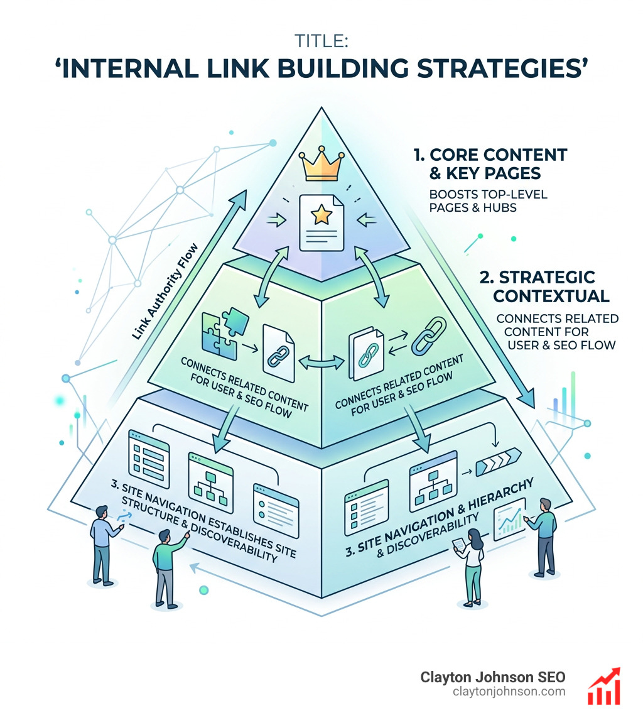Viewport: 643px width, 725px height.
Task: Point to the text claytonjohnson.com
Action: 509,692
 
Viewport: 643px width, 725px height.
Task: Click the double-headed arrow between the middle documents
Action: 321,362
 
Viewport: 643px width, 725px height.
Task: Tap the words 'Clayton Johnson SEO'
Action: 492,677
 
